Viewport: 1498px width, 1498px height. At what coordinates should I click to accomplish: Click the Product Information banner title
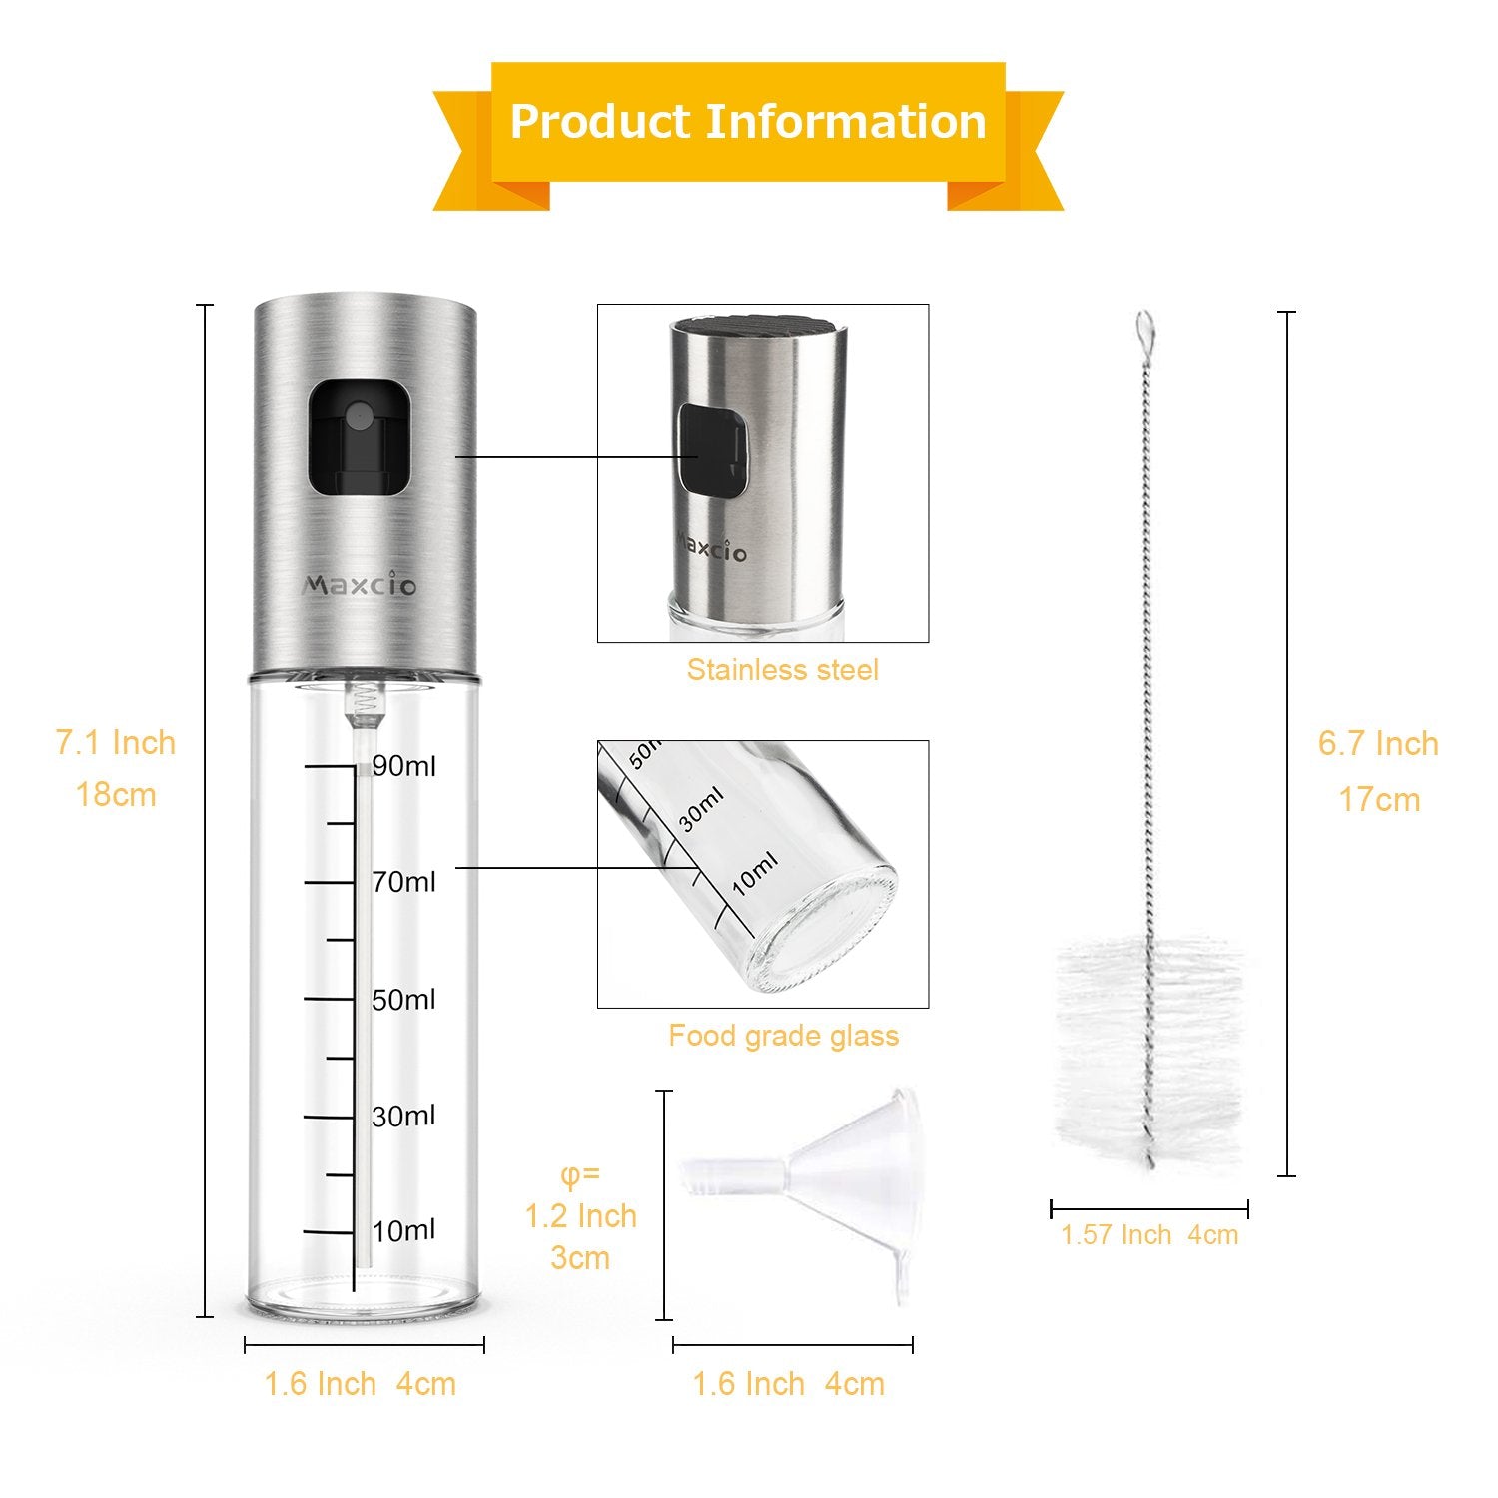[x=748, y=122]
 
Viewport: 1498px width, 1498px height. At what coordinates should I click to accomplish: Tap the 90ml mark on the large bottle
[x=404, y=766]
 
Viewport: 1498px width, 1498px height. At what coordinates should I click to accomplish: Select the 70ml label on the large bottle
[x=404, y=882]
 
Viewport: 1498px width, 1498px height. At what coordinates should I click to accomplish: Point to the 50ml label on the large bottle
[x=404, y=1000]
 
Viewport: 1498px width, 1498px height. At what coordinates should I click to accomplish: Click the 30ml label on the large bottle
[x=404, y=1116]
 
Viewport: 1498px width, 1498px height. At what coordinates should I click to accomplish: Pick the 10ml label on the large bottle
[x=404, y=1230]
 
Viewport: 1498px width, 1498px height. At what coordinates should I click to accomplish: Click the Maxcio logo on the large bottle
[x=360, y=585]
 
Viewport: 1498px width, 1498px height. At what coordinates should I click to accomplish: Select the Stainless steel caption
[x=783, y=669]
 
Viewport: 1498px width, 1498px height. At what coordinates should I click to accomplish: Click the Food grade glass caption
[x=784, y=1036]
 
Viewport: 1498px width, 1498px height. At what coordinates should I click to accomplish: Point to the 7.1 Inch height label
[x=116, y=743]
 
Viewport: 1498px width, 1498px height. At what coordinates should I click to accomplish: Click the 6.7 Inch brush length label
[x=1378, y=744]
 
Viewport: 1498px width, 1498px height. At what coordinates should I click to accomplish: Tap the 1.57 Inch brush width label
[x=1116, y=1235]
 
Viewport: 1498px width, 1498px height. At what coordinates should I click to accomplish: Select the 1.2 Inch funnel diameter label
[x=581, y=1216]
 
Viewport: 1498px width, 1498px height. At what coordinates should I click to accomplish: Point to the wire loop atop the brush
[x=1144, y=326]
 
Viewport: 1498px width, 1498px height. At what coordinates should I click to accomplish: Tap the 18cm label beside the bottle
[x=116, y=795]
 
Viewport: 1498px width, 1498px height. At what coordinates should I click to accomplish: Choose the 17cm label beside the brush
[x=1379, y=800]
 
